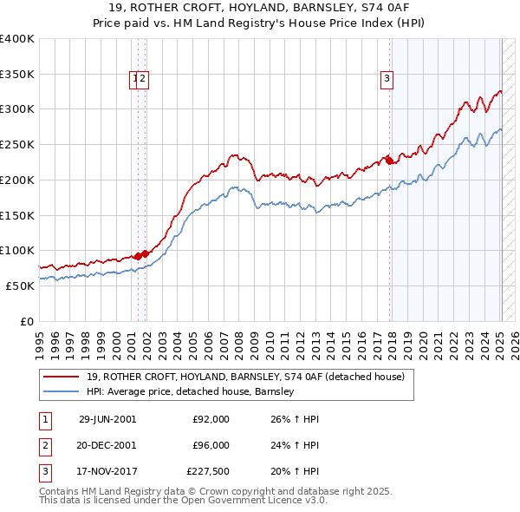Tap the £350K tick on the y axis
[17, 74]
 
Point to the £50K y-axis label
[20, 286]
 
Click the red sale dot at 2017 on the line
[389, 161]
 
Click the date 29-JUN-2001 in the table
[107, 419]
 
